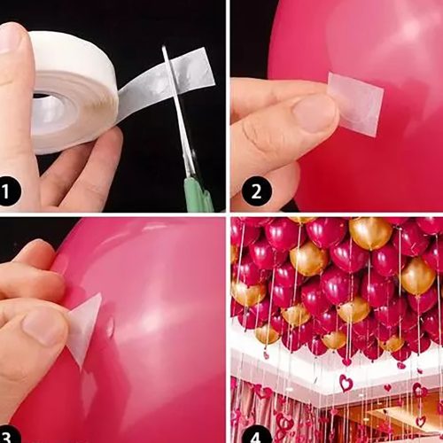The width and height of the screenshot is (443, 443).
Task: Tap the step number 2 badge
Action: tap(256, 191)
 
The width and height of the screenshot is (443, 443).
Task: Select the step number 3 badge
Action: tap(6, 435)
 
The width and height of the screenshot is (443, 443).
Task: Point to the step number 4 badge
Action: tap(256, 435)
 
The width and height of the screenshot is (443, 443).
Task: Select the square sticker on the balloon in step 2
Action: tap(356, 104)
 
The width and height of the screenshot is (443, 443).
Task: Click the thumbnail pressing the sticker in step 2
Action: tap(314, 113)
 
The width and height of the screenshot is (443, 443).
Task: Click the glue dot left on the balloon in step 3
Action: tap(110, 327)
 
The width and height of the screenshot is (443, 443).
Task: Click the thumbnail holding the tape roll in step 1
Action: tap(11, 38)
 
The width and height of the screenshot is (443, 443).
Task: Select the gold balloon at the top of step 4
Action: tap(370, 233)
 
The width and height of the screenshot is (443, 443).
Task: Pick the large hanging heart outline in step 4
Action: tap(346, 383)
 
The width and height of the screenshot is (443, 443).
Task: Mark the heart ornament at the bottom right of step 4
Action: tap(421, 421)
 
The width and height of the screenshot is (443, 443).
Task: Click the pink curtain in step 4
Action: tap(254, 405)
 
